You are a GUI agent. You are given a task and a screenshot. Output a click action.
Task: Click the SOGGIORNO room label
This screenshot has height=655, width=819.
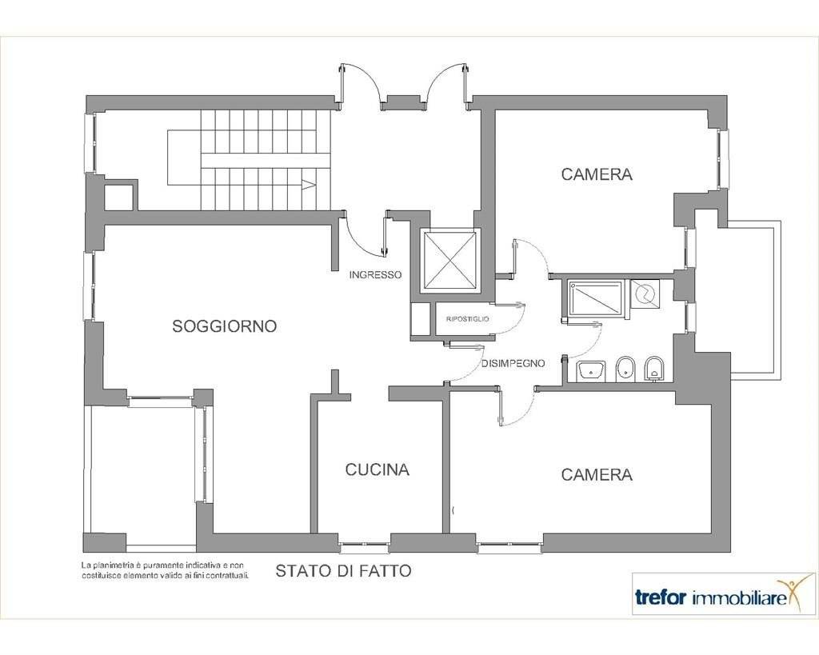tap(224, 326)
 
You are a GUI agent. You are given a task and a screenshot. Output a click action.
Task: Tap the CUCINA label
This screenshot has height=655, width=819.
tap(378, 469)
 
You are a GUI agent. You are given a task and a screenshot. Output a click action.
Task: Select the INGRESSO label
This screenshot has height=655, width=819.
tap(376, 274)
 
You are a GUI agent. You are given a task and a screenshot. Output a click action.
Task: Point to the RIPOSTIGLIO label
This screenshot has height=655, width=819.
tap(467, 318)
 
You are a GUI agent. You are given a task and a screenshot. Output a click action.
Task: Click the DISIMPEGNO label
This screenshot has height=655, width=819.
tap(513, 363)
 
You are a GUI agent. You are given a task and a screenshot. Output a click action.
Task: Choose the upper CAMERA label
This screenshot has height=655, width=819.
tap(597, 174)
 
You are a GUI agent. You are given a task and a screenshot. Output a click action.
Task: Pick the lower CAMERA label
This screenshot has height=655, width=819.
tap(597, 474)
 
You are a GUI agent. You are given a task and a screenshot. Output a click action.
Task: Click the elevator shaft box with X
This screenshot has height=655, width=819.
tap(450, 260)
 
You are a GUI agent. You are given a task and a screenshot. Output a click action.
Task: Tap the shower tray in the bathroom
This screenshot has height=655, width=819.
tap(596, 299)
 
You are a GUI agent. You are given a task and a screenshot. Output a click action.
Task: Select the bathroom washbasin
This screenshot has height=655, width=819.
tap(591, 371)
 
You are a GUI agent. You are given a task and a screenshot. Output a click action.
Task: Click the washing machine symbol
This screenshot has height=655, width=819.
tap(645, 294)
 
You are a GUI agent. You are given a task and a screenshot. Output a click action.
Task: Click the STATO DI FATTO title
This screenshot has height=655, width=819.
tap(343, 571)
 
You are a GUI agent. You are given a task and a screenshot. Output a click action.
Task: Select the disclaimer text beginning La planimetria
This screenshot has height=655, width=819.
tap(165, 570)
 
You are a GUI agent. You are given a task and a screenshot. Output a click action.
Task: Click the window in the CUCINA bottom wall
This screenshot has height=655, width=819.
tap(365, 546)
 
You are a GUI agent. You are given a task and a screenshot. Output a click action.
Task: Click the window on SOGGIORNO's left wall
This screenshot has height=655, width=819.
tap(89, 286)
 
